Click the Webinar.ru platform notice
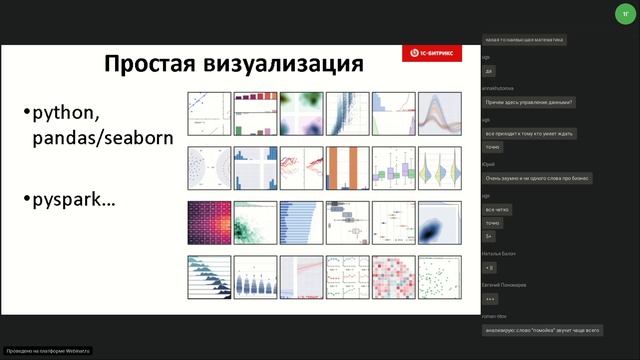pyautogui.click(x=48, y=351)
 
